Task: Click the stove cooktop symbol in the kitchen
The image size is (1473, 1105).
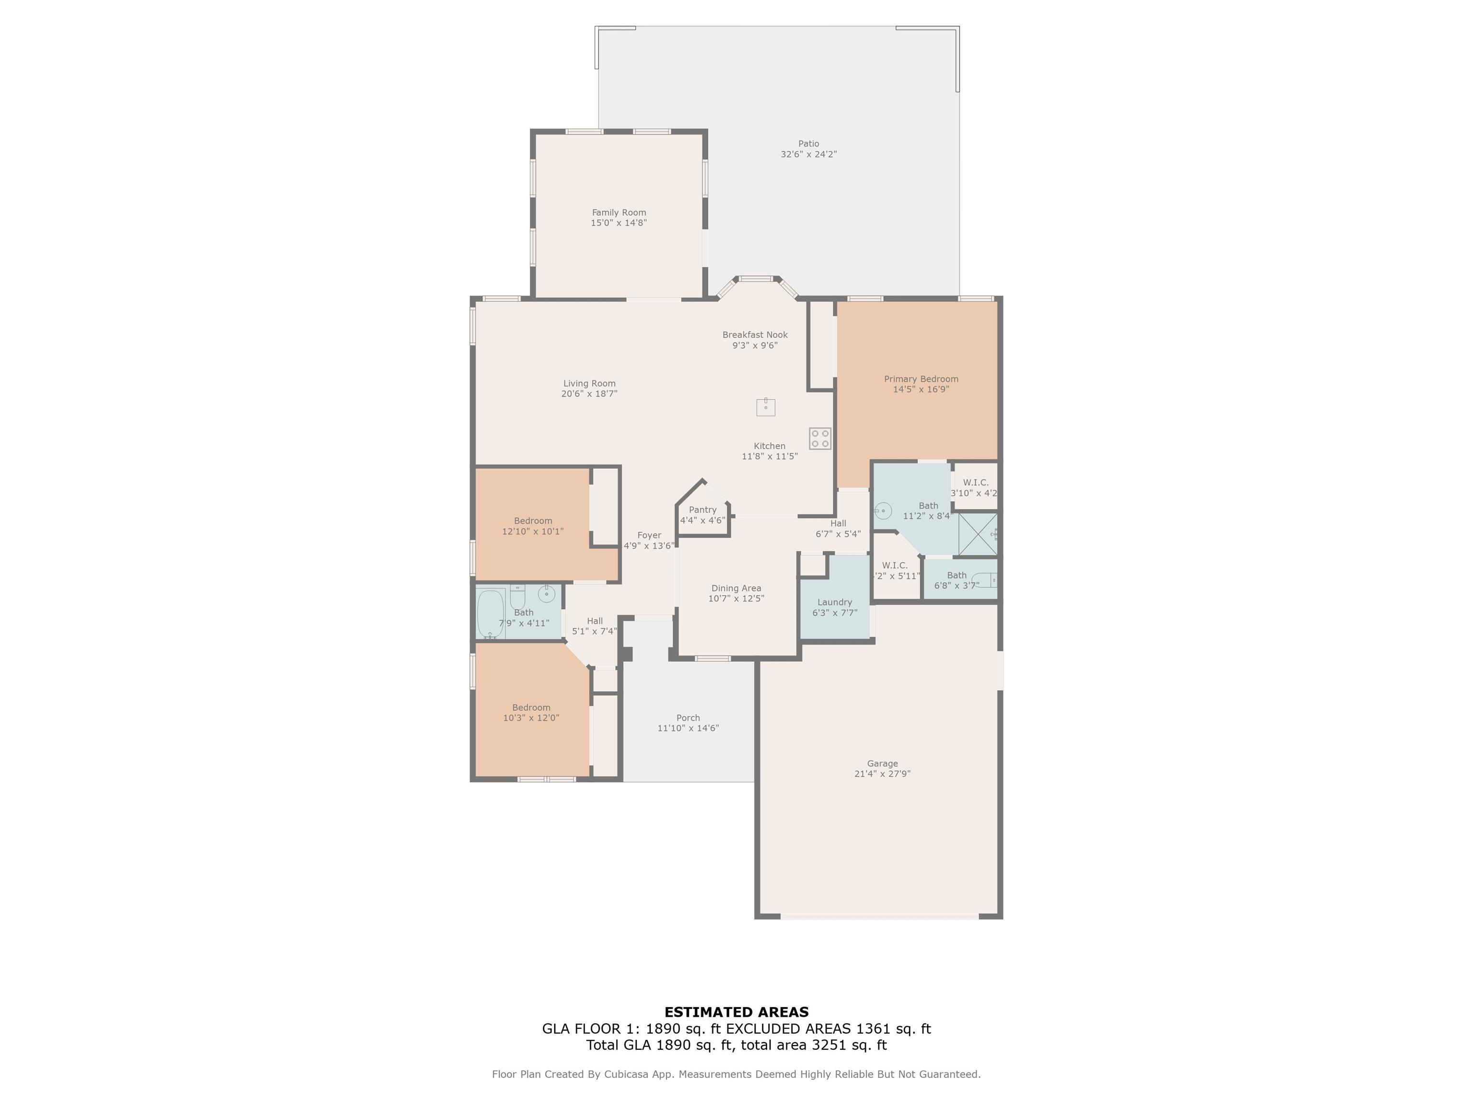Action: coord(820,438)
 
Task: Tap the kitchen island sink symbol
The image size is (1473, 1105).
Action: coord(766,406)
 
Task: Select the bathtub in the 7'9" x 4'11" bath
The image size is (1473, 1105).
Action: coord(491,614)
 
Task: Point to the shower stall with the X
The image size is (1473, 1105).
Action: coord(978,533)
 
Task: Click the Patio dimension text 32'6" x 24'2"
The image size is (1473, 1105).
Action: coord(808,154)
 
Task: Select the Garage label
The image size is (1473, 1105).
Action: coord(882,764)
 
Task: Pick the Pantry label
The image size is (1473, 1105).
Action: coord(702,509)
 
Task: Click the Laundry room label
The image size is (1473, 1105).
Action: coord(834,602)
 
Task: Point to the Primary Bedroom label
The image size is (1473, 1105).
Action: coord(921,379)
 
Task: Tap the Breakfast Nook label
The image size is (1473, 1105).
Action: coord(755,335)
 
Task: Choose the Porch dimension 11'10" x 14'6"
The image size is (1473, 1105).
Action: coord(688,728)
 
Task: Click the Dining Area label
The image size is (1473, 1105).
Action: coord(736,588)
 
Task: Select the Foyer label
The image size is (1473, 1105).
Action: coord(649,535)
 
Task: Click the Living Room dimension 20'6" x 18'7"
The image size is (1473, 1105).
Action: coord(589,394)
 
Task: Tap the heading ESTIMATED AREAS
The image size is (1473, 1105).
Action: coord(736,1012)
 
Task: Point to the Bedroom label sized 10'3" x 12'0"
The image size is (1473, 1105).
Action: coord(531,707)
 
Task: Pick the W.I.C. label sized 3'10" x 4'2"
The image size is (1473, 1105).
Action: coord(976,482)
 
